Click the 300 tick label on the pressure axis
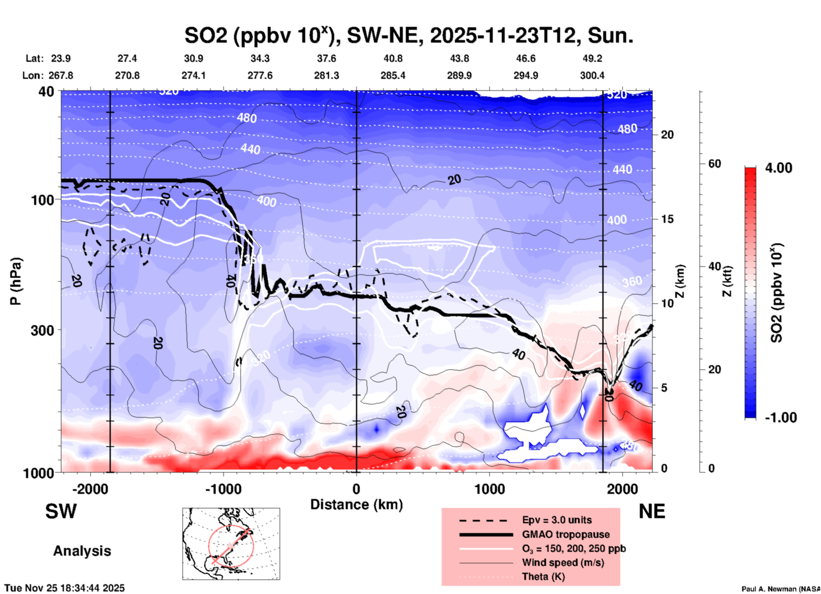(x=42, y=330)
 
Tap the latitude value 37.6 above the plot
(x=327, y=58)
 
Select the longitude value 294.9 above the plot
(x=526, y=75)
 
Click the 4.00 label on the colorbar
(x=778, y=168)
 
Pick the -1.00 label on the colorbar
(x=780, y=417)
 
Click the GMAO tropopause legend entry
(x=566, y=534)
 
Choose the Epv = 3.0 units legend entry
(x=557, y=520)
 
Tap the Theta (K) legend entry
(x=543, y=577)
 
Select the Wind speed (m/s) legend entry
(x=563, y=562)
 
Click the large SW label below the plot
(x=61, y=511)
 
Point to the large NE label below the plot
(x=652, y=511)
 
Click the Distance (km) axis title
(x=356, y=505)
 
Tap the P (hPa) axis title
(x=16, y=281)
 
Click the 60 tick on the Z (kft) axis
(x=714, y=164)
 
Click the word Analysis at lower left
(x=82, y=551)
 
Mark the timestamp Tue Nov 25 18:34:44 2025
(x=65, y=588)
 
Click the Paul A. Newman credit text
(x=781, y=589)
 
